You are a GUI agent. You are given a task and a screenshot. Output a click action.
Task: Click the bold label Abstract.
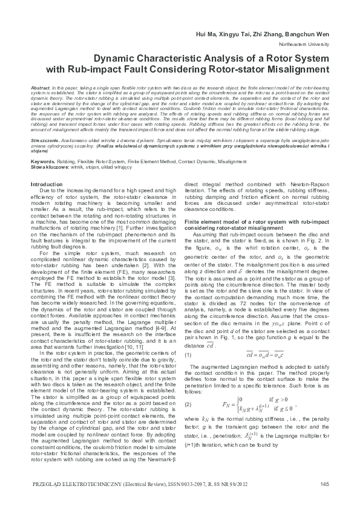coord(39,88)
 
